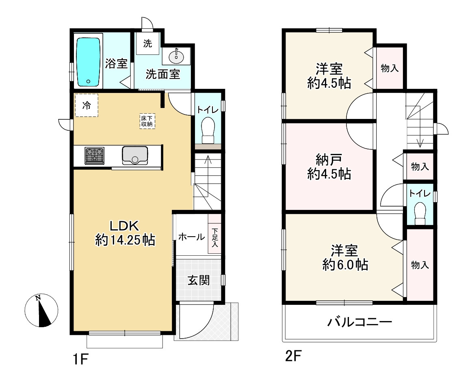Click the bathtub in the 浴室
(x=88, y=62)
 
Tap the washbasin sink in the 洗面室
(x=176, y=56)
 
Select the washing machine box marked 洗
(x=147, y=43)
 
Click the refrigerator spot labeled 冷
(x=87, y=105)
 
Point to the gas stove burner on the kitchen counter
(x=94, y=155)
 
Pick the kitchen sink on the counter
(x=135, y=155)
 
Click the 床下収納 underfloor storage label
(x=147, y=121)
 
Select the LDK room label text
(x=124, y=226)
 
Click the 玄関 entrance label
(x=199, y=281)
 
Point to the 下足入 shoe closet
(x=214, y=234)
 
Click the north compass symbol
(x=41, y=311)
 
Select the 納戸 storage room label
(x=329, y=160)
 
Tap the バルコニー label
(x=360, y=322)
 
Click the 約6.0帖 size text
(x=345, y=265)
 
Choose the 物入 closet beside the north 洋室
(x=390, y=68)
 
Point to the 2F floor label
(x=293, y=356)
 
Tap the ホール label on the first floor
(x=192, y=237)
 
